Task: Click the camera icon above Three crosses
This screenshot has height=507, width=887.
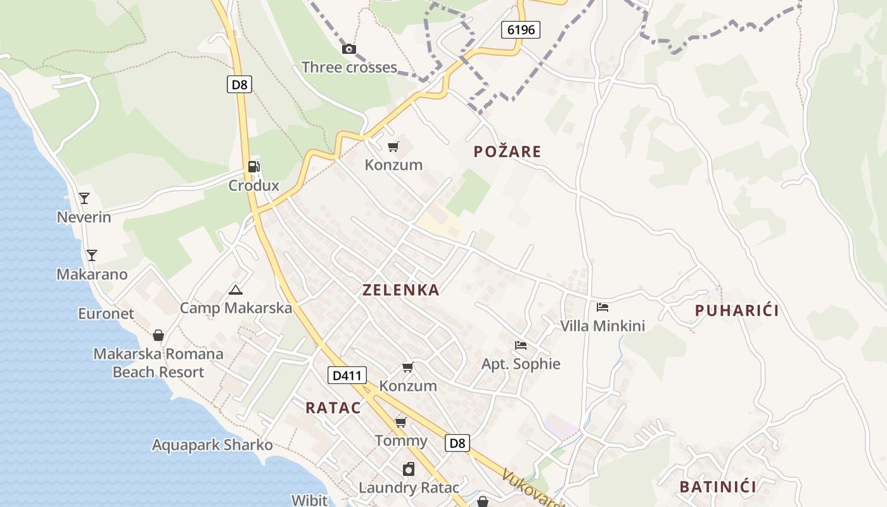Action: (349, 49)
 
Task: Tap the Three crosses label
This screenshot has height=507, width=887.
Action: (349, 67)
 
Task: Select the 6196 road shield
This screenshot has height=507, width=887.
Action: (521, 29)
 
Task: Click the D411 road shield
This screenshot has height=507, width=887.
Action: (347, 375)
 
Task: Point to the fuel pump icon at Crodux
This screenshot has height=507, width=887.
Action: (253, 167)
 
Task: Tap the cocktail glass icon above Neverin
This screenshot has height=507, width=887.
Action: (84, 198)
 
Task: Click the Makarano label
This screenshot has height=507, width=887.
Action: (92, 274)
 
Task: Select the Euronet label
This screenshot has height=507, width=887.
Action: (106, 314)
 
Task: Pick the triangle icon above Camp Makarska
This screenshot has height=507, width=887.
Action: (236, 290)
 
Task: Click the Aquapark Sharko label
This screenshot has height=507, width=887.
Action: (212, 445)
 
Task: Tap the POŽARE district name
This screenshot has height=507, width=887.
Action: (507, 151)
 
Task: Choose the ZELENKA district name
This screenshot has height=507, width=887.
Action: (401, 290)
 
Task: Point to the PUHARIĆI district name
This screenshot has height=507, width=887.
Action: (737, 311)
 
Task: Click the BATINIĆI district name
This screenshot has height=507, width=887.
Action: (718, 487)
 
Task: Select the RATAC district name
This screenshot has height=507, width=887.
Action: (333, 408)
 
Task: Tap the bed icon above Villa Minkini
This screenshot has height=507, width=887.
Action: (602, 307)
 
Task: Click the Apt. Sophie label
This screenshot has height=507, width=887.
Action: (521, 364)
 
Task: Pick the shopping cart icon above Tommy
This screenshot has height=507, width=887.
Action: (400, 422)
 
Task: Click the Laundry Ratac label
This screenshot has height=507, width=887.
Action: (409, 488)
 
